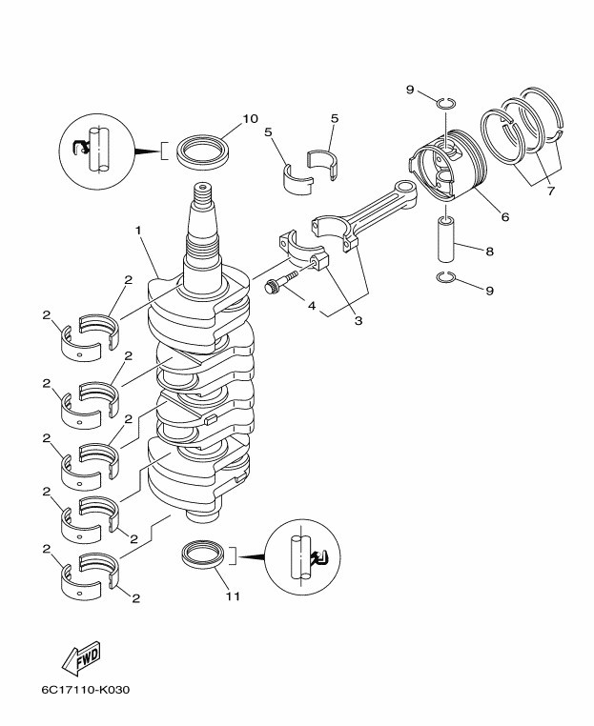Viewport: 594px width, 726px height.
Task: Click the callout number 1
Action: (138, 231)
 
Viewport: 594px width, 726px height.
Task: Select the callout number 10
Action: (250, 119)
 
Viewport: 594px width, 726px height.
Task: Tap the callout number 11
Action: (233, 597)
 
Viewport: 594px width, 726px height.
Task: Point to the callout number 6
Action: (504, 217)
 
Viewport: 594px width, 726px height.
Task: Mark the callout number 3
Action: (358, 321)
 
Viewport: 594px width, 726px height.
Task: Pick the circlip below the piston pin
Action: (445, 277)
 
